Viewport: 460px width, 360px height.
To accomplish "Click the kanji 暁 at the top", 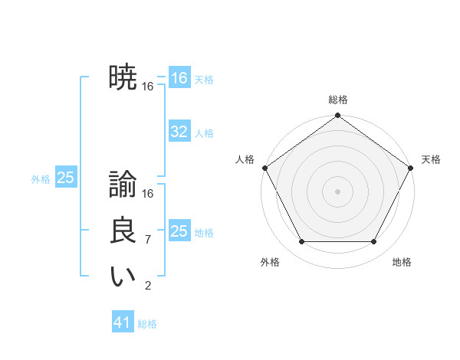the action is (123, 77).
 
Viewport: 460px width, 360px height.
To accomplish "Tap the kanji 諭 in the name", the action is (123, 185).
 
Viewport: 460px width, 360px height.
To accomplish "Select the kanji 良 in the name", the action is (123, 231).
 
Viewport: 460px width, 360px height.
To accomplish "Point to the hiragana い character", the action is (123, 277).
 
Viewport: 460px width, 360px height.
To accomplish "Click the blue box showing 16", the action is (179, 78).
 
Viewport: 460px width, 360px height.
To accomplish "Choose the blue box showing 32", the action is (179, 132).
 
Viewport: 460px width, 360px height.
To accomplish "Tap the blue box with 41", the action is (123, 322).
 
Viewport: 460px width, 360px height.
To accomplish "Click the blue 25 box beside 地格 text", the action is (179, 231).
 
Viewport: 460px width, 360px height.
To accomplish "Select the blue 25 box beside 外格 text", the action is (66, 178).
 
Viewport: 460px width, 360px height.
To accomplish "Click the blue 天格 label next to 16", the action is (204, 80).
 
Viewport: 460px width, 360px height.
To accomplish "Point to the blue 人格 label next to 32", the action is (204, 133).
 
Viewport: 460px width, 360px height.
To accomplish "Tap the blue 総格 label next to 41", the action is (147, 324).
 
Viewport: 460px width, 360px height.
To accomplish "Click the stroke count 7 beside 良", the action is (147, 240).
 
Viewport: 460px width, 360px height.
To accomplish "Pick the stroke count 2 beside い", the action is (147, 286).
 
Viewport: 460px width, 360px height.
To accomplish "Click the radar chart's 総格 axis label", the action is (338, 100).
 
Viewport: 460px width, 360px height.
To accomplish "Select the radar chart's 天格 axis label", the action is (431, 159).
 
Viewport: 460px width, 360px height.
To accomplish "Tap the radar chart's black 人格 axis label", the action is (245, 159).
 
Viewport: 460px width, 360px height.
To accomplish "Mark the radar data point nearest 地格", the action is (374, 242).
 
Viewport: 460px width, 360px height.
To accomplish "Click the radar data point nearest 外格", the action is (301, 242).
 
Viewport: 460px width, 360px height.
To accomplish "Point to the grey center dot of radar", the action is (338, 191).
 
